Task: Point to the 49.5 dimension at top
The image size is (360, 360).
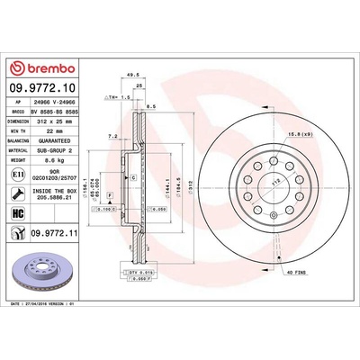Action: click(x=131, y=76)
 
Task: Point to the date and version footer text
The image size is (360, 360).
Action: click(x=55, y=310)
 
